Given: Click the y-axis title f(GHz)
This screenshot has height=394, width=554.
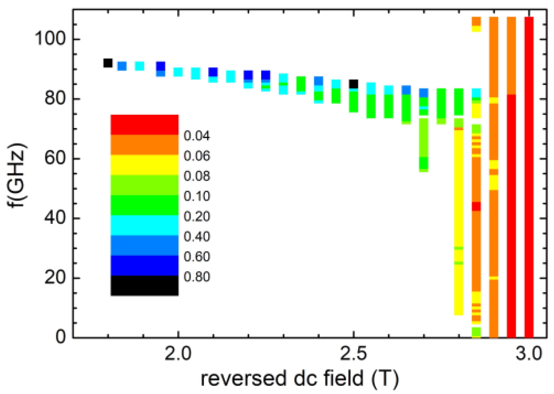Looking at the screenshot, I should tap(17, 175).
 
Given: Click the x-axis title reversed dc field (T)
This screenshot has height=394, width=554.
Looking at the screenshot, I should tap(299, 378).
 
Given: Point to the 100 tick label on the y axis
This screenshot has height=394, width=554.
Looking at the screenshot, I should tap(50, 38).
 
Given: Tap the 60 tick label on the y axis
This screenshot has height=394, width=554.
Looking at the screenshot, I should tap(55, 158).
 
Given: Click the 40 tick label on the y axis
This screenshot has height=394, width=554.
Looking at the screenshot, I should tap(55, 218).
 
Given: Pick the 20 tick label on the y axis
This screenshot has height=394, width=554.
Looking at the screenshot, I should tap(55, 277).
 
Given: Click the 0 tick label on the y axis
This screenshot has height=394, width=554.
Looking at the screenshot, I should tap(61, 336).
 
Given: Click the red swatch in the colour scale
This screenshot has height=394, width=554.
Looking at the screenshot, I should tap(144, 125).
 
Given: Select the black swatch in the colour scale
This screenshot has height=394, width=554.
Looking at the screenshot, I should tap(144, 285).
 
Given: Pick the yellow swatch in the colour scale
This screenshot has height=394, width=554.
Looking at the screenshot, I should tap(144, 165).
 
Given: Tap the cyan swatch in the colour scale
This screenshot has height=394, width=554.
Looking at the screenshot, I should tap(144, 225).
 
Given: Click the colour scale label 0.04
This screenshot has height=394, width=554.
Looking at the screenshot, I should tap(197, 136).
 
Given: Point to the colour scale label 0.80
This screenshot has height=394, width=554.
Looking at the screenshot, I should tap(197, 277).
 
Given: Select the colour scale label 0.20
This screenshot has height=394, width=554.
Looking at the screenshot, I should tap(197, 216).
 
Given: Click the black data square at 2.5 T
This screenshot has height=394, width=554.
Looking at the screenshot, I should tap(353, 84).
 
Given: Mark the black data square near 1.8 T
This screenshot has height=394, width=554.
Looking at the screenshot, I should tap(108, 63).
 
